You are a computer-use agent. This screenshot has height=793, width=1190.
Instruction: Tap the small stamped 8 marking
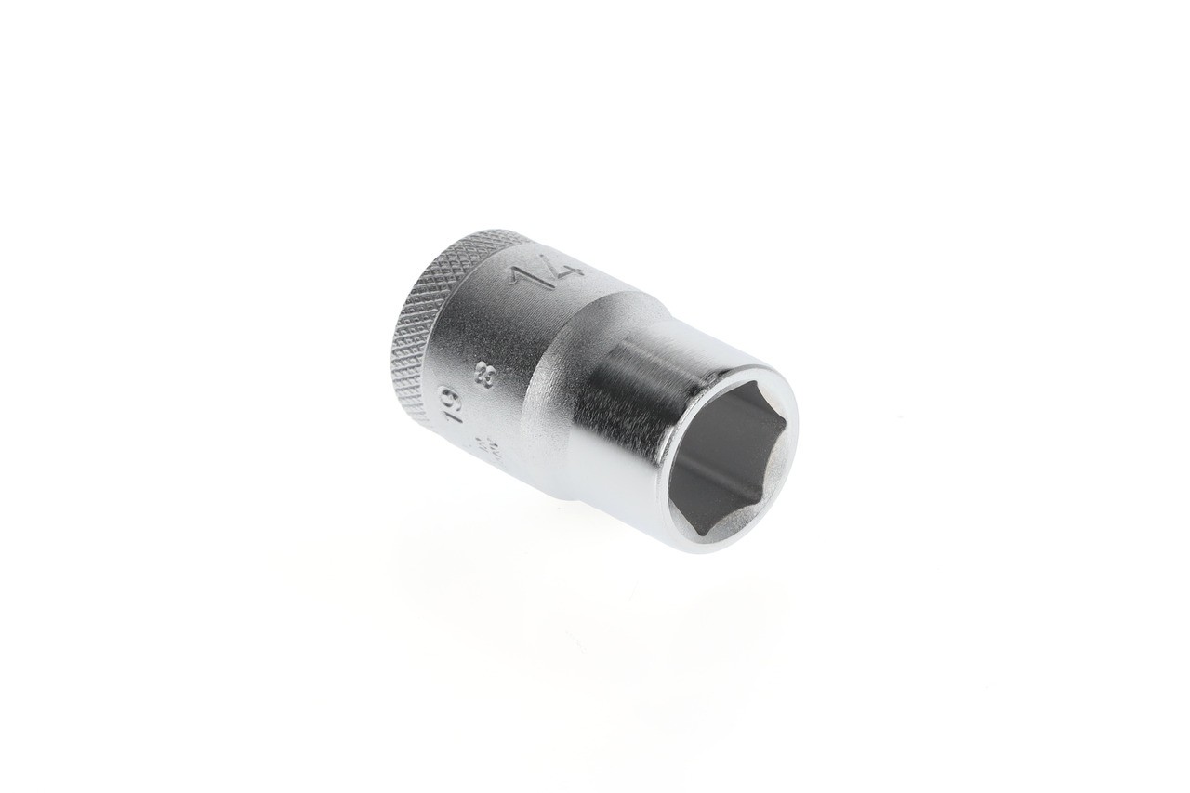(484, 379)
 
